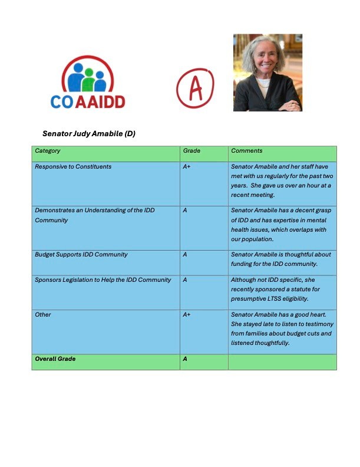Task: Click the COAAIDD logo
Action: pos(87,82)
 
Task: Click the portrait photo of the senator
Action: pos(267,73)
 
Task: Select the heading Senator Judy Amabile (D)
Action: pos(89,134)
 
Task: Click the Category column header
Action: pos(48,151)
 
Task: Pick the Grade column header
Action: pos(191,151)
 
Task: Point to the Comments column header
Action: pos(247,151)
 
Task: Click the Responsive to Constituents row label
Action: pos(73,167)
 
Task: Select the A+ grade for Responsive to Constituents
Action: pos(187,167)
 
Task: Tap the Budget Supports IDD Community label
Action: pos(81,255)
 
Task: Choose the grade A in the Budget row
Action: pos(185,255)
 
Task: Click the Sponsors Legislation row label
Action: pos(103,279)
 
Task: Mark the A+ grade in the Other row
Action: pos(187,315)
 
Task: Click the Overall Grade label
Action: pos(55,359)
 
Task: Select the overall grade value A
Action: pos(185,359)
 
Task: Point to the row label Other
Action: pos(43,315)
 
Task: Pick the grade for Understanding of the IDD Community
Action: pos(185,211)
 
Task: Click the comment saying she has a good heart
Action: pos(281,328)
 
